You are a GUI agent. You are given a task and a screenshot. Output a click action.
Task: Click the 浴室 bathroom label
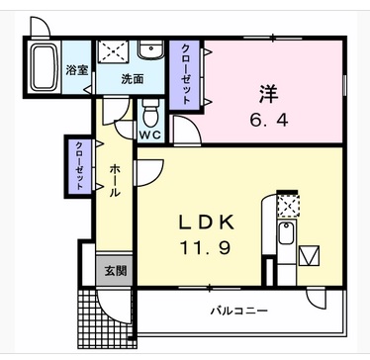77,70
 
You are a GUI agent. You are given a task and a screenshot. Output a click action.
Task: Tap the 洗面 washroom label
133,79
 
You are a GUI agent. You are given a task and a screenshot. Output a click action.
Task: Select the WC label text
150,135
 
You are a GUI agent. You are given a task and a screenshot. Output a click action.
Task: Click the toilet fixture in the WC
150,113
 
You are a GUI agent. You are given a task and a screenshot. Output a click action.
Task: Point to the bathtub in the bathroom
45,67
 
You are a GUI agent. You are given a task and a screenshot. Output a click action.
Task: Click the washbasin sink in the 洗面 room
150,49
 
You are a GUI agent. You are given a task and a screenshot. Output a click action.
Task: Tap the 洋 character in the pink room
268,94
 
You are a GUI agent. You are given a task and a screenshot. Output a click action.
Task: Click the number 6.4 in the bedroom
269,121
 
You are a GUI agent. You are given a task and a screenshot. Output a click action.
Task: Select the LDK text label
207,223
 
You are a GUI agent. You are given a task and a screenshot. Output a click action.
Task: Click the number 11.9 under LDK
205,247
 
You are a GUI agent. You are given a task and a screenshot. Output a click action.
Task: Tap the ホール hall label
114,181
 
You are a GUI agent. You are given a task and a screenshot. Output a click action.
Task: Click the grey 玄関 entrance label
116,271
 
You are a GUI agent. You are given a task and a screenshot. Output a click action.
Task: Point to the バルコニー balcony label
239,311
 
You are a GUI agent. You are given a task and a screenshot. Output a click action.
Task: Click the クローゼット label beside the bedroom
186,74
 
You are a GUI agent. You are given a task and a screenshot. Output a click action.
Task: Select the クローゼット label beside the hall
79,166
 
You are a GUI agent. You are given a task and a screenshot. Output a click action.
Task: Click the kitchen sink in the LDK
286,233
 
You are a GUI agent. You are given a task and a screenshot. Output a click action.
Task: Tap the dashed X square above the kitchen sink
288,206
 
